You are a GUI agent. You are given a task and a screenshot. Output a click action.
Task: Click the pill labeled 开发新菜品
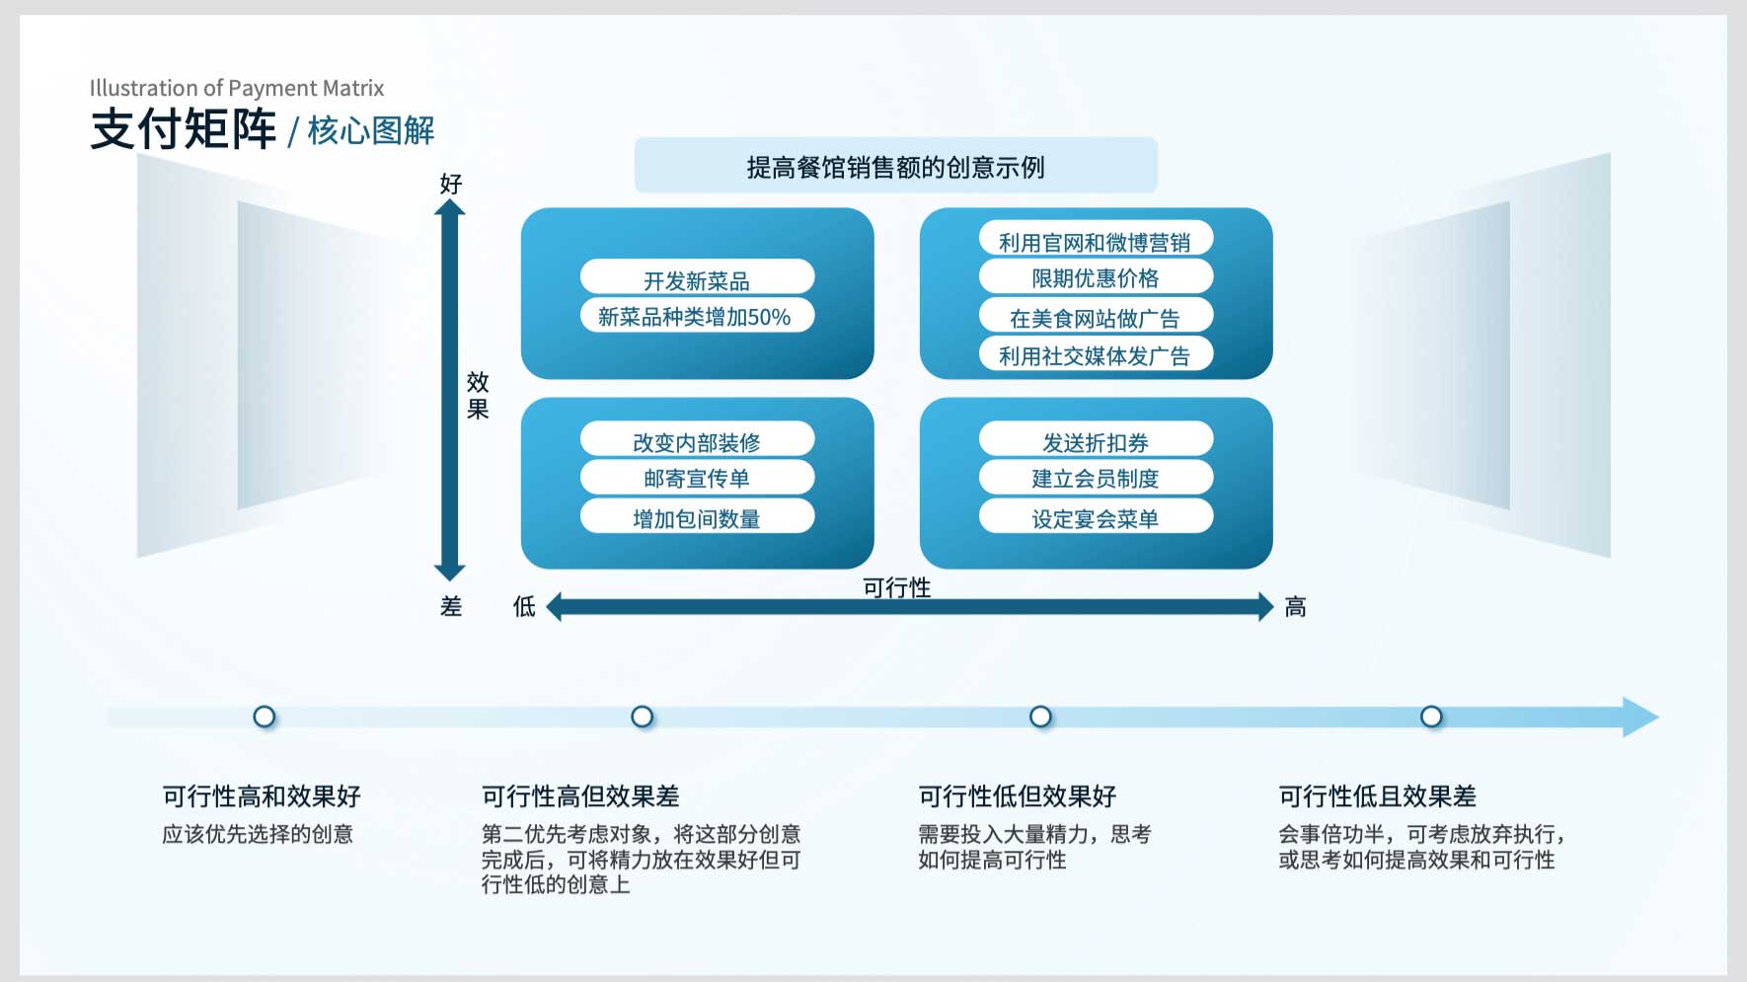click(697, 277)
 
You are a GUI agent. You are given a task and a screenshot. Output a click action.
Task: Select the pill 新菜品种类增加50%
click(697, 316)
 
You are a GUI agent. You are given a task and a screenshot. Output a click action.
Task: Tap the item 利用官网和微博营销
click(1096, 239)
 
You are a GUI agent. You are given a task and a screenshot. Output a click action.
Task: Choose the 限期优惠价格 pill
click(1096, 277)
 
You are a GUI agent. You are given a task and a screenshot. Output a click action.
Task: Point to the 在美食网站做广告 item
click(1096, 316)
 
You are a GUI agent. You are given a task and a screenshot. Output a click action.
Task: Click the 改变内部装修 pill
click(697, 439)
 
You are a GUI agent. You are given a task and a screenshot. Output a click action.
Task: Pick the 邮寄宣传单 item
click(697, 478)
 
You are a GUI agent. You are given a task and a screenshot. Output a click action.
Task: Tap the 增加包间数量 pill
click(697, 516)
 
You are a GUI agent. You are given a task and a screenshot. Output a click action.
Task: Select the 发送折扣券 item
click(1096, 439)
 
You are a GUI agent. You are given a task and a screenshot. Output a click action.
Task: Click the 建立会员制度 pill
click(1096, 478)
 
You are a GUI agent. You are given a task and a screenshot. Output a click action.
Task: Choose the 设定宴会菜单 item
click(1096, 516)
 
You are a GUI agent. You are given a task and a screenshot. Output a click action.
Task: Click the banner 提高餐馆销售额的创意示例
click(895, 166)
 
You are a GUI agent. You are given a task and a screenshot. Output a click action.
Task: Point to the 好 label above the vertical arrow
click(451, 185)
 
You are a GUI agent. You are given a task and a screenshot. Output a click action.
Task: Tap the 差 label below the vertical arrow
click(451, 607)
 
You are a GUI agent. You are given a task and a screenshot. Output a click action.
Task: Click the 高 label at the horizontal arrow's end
click(1296, 607)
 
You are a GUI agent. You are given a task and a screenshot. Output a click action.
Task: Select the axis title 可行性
click(896, 587)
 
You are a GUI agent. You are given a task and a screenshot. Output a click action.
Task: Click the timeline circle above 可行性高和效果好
click(265, 717)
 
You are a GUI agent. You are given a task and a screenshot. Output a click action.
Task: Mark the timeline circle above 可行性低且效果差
click(1431, 717)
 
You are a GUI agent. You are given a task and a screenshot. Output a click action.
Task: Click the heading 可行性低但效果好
click(1018, 796)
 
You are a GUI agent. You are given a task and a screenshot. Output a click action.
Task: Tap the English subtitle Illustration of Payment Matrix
click(237, 88)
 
